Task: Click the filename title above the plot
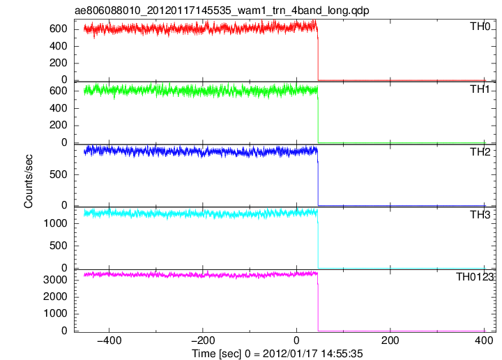222,10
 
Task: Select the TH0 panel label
480,27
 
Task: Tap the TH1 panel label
480,89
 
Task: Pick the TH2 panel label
480,152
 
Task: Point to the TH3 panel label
480,215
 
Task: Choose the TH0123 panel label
475,277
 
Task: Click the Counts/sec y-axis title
28,181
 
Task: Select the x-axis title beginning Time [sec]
277,354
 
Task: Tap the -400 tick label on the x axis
109,340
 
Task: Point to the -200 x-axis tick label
203,340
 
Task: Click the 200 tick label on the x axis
390,340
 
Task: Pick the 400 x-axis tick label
484,340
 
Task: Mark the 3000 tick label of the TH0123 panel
55,280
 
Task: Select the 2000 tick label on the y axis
55,297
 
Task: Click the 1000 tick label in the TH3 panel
55,223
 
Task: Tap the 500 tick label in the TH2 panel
59,174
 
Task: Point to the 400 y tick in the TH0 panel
59,46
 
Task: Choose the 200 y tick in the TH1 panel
59,125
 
